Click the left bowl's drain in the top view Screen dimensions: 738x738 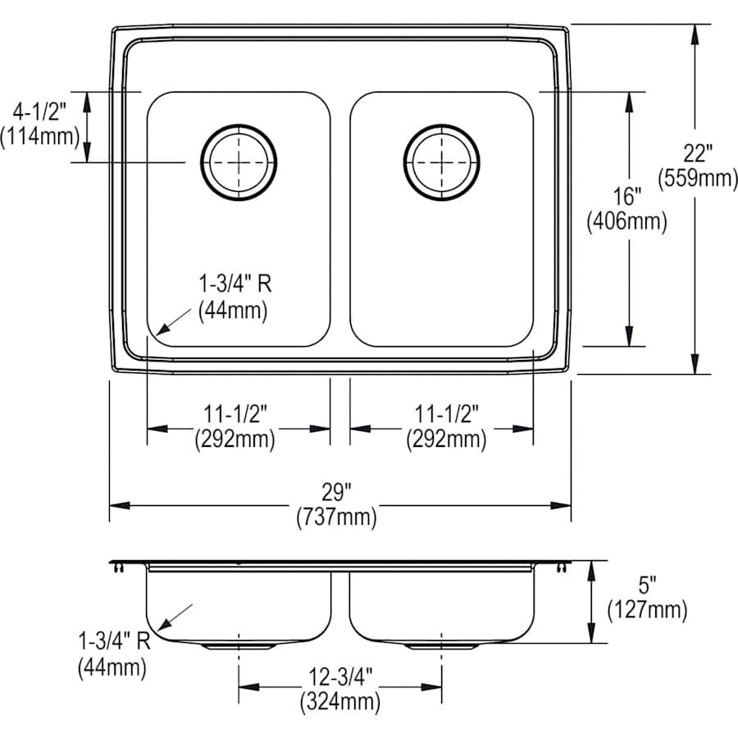pos(239,161)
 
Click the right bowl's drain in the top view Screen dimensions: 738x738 pos(442,161)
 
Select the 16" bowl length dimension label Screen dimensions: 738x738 pos(626,197)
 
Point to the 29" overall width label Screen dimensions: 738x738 pos(336,494)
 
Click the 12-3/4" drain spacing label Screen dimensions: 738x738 pos(339,677)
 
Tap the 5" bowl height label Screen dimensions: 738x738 pos(648,585)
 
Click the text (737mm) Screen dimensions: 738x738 pos(336,517)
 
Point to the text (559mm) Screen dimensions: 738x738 pos(698,177)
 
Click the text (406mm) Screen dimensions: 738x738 pos(626,221)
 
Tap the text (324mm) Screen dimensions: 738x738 pos(339,701)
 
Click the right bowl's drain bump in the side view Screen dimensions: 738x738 pos(442,646)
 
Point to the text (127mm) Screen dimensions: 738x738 pos(648,609)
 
